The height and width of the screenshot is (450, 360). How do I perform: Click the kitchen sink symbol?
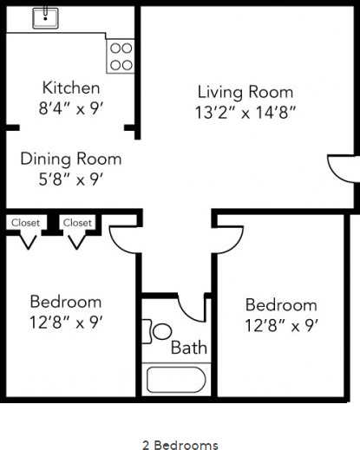(44, 17)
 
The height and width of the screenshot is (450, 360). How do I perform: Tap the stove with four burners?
(121, 55)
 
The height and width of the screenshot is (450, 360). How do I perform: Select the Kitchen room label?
(71, 88)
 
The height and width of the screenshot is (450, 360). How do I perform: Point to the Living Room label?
(245, 92)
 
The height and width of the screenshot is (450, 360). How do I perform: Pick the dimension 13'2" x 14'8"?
(245, 113)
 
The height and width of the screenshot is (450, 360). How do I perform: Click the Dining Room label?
(71, 159)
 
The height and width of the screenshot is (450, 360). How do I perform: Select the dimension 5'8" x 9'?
(71, 180)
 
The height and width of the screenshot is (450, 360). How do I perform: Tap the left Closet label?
(25, 223)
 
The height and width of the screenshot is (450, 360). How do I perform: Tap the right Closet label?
(77, 223)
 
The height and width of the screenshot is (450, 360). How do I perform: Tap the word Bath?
(188, 349)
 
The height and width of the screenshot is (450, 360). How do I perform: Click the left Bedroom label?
(65, 302)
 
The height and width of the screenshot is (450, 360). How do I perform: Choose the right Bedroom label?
(281, 305)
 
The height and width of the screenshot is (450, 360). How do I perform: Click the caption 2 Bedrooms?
(180, 444)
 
